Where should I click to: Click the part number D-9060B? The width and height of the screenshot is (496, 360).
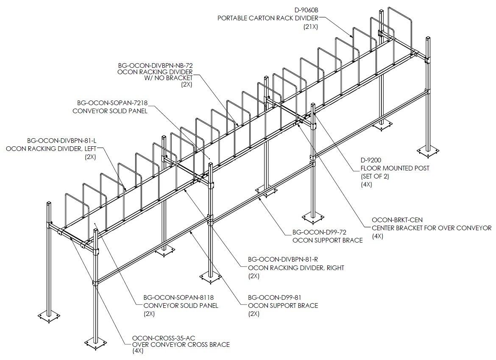[x=306, y=10]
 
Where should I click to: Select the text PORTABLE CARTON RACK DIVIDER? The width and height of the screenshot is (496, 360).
[x=268, y=18]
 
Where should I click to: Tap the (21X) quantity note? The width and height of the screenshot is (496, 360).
[x=310, y=27]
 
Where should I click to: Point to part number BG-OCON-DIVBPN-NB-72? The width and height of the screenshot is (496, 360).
[x=155, y=65]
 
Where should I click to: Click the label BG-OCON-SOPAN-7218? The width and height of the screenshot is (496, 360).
[x=112, y=103]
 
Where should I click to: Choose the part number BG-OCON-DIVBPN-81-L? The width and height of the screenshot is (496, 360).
[x=62, y=140]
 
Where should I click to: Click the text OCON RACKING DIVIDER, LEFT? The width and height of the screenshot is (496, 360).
[x=51, y=149]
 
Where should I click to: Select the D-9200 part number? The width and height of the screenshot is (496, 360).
[x=371, y=160]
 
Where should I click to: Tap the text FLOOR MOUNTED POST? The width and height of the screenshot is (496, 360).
[x=395, y=168]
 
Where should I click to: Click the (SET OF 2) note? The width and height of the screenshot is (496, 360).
[x=375, y=176]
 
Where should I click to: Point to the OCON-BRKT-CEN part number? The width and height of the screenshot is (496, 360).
[x=397, y=220]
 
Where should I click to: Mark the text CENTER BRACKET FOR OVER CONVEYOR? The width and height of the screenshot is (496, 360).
[x=432, y=228]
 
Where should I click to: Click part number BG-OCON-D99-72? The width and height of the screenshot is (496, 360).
[x=319, y=232]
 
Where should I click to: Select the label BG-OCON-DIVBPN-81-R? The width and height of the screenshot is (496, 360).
[x=283, y=260]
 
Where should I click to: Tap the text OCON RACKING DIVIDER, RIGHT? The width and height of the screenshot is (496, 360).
[x=296, y=268]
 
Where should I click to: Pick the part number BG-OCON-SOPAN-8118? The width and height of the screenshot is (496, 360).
[x=178, y=298]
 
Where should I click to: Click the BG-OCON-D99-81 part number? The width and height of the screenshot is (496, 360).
[x=275, y=298]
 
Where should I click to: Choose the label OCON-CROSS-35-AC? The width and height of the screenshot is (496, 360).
[x=164, y=338]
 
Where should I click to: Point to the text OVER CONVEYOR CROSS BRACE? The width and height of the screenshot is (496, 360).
[x=181, y=344]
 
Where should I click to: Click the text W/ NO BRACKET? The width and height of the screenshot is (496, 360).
[x=169, y=78]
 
